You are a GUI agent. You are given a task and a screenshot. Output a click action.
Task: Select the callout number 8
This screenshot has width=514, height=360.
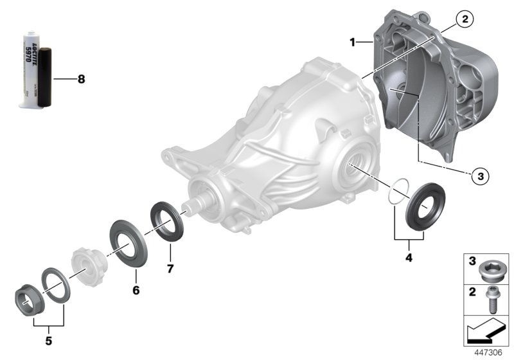(x=80, y=80)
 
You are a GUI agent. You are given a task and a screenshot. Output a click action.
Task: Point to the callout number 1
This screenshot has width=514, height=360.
(x=353, y=42)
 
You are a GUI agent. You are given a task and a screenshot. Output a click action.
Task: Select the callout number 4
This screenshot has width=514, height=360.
(x=408, y=258)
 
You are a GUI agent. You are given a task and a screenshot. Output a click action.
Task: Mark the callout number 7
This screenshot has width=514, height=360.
(x=170, y=269)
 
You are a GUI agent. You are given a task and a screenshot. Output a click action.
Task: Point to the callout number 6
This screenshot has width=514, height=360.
(x=136, y=290)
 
